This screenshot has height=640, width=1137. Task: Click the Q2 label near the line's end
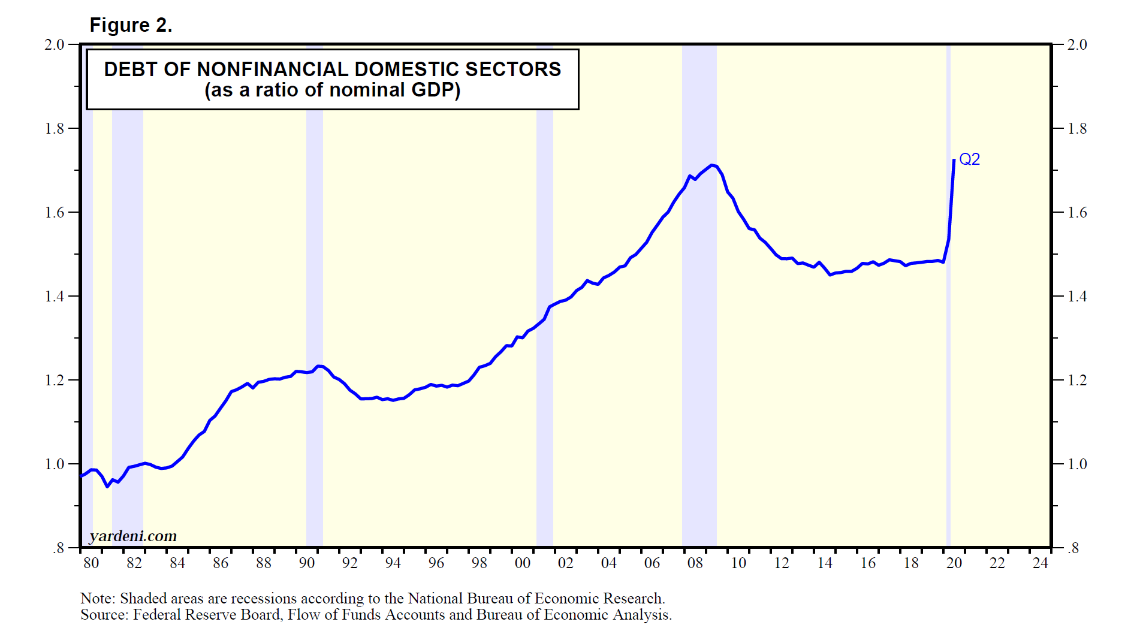point(969,159)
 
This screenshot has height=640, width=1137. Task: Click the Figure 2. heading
point(131,25)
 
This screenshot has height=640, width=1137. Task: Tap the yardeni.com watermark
point(133,536)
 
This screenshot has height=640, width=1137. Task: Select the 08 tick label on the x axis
point(695,563)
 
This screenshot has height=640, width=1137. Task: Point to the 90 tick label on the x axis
point(307,563)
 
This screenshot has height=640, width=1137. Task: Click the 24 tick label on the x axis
point(1041,563)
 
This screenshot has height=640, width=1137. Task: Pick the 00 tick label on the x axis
point(523,563)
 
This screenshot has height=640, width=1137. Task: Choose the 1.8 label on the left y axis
point(55,128)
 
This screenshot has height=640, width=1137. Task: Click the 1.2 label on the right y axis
point(1077,380)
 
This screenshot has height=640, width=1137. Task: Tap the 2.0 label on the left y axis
point(55,44)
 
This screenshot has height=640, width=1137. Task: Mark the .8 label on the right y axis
point(1073,548)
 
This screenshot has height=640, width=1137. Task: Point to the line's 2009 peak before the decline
point(711,165)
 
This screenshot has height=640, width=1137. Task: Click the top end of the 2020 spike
point(954,160)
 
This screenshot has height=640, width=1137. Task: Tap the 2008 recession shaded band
point(699,300)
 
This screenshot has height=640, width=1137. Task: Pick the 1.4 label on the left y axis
point(55,296)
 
